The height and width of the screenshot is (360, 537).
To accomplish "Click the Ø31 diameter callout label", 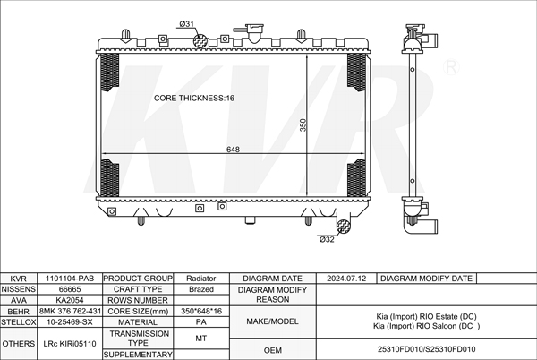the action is click(187, 24).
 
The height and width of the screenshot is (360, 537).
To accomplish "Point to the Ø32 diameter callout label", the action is click(327, 239).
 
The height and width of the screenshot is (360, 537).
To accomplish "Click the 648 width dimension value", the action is click(233, 150).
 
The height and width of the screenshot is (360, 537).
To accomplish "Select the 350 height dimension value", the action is click(303, 124).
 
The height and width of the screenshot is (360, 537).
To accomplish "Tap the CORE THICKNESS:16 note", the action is click(194, 98).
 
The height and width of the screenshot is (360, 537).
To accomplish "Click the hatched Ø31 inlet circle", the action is click(200, 41).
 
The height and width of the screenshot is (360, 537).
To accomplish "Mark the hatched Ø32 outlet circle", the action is click(343, 227).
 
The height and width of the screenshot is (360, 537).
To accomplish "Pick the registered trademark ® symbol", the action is click(451, 67).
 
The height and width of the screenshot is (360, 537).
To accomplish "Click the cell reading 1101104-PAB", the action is click(70, 279).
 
